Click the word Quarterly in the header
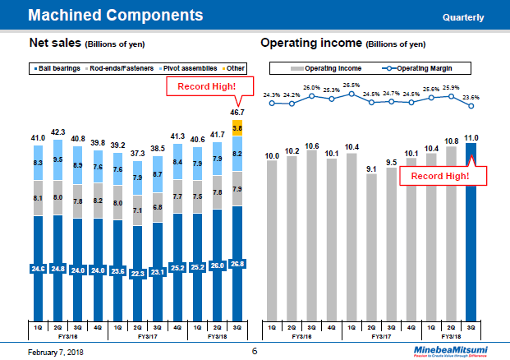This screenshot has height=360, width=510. pyautogui.click(x=462, y=17)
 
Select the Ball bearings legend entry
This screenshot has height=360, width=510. pyautogui.click(x=54, y=67)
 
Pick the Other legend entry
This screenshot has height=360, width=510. pyautogui.click(x=234, y=67)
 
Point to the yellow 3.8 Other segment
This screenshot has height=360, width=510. pyautogui.click(x=237, y=128)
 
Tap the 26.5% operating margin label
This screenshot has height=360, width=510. pyautogui.click(x=351, y=85)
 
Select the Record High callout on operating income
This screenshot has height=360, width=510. pyautogui.click(x=439, y=175)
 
